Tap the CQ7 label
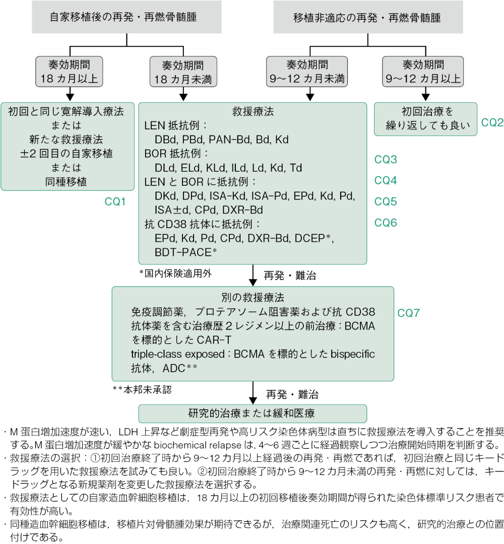pos(408,313)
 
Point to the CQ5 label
pos(386,202)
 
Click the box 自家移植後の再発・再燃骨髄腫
pos(123,17)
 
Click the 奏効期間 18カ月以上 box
pos(70,72)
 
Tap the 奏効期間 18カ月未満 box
pos(183,72)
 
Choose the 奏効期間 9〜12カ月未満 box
pos(307,72)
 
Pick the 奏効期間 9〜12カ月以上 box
pos(422,72)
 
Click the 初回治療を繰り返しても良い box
pos(425,119)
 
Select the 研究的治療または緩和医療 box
pos(251,414)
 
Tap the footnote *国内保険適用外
pos(176,273)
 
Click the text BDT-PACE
pos(183,251)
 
